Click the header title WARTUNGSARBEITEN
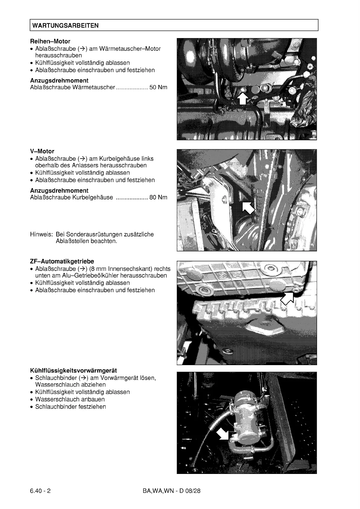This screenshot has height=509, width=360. click(65, 25)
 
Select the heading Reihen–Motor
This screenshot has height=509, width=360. click(50, 41)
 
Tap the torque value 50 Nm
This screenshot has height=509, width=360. click(158, 87)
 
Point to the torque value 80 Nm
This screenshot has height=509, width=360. click(158, 197)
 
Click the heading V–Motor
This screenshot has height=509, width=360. click(42, 151)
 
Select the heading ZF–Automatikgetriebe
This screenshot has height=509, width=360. click(62, 261)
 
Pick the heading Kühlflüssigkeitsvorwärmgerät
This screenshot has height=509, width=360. click(74, 371)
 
